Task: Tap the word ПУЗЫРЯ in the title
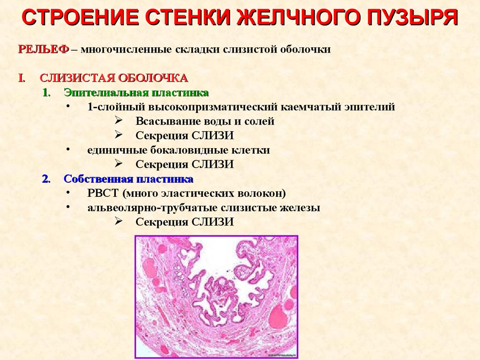click(x=412, y=17)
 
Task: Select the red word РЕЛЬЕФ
click(x=44, y=49)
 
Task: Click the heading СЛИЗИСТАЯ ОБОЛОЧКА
click(x=113, y=78)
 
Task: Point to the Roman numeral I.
click(x=22, y=78)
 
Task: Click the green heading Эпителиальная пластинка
click(x=136, y=92)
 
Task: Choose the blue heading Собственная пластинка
click(x=128, y=179)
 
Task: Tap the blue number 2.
click(x=46, y=179)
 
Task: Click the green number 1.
click(x=46, y=92)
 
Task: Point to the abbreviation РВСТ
click(x=103, y=193)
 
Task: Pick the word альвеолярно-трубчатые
click(x=152, y=208)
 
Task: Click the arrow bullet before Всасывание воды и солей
click(x=119, y=120)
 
